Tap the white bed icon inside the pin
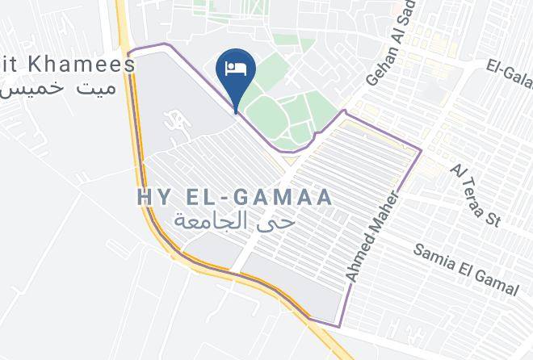click(237, 66)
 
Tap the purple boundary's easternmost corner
click(421, 150)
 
